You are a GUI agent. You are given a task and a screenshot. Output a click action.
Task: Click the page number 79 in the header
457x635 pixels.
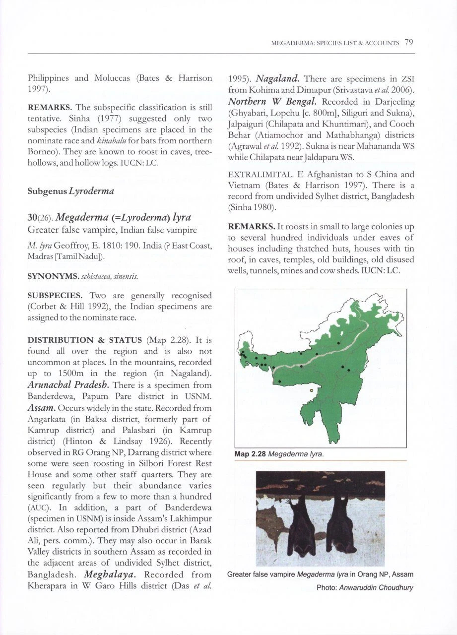(x=408, y=43)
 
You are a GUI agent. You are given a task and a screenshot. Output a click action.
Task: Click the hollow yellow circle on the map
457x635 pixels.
(x=311, y=390)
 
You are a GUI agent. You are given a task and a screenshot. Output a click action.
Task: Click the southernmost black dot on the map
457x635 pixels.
(x=279, y=381)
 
